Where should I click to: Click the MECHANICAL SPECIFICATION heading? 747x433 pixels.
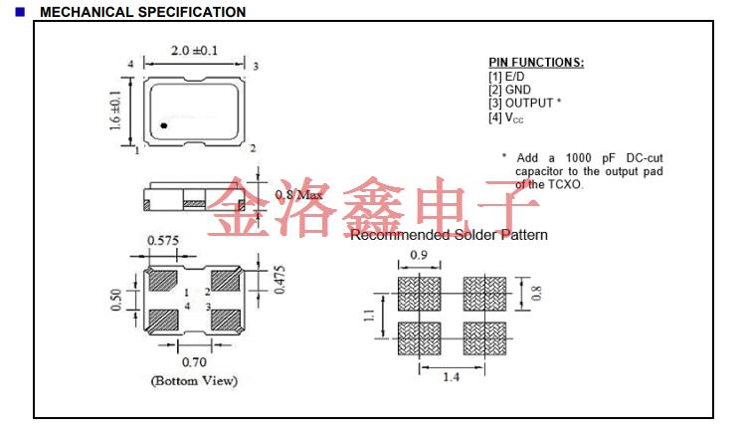[x=142, y=12]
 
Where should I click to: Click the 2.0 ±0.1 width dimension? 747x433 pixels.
[x=194, y=51]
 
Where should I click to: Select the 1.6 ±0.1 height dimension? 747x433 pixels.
[x=115, y=110]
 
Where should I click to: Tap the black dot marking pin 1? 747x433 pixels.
[x=164, y=126]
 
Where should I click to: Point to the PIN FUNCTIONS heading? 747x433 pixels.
[x=536, y=63]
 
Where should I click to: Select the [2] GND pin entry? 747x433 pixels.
[x=510, y=90]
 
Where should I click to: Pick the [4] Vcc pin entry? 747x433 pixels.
[x=506, y=117]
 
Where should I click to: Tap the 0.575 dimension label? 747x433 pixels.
[x=163, y=240]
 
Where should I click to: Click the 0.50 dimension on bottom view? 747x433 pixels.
[x=116, y=300]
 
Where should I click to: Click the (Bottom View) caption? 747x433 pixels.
[x=194, y=381]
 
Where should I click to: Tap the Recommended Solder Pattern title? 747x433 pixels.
[x=449, y=235]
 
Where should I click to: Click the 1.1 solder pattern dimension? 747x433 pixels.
[x=368, y=317]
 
